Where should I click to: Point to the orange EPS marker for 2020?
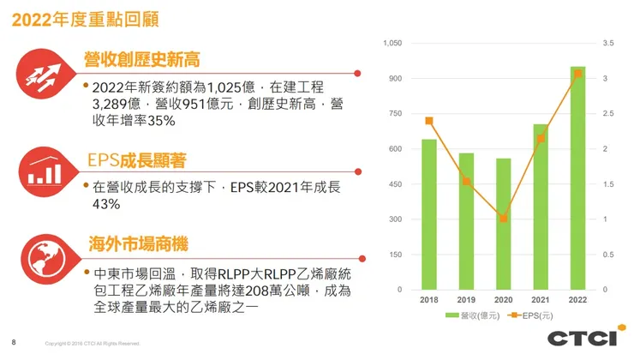click(503, 219)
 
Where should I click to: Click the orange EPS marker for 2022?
click(577, 74)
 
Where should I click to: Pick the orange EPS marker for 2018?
click(429, 121)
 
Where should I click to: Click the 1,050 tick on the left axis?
click(392, 43)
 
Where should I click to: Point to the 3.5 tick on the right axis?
click(608, 43)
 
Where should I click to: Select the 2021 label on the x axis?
click(541, 301)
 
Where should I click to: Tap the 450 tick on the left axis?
click(394, 184)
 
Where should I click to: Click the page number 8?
click(13, 340)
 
